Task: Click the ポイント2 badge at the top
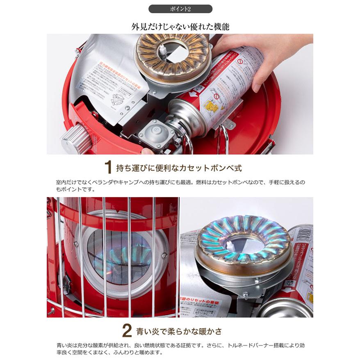(x=180, y=9)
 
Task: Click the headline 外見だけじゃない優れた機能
(x=180, y=27)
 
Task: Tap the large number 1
(x=108, y=168)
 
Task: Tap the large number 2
(x=127, y=331)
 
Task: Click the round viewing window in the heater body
(x=119, y=253)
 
